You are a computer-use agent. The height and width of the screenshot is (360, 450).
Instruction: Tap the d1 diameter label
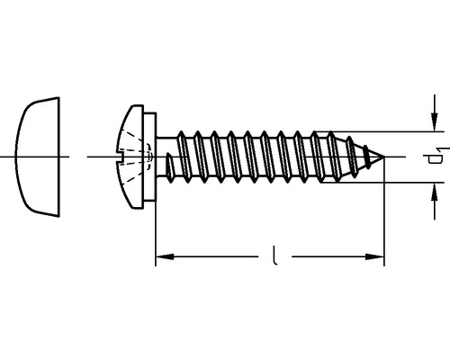[x=435, y=157]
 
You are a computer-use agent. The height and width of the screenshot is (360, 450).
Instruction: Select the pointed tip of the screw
[x=383, y=158]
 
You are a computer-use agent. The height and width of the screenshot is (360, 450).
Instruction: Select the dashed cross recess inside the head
[x=135, y=158]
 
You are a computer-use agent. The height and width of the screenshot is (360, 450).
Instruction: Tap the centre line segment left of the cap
[x=7, y=157]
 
